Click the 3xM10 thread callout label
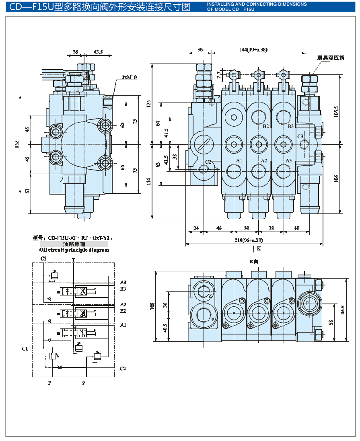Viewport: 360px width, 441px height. coord(129,77)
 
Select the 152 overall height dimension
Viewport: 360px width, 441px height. coord(17,144)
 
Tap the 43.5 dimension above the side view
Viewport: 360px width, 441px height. coord(98,52)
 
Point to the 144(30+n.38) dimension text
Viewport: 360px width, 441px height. coord(253,49)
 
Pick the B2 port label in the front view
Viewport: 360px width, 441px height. coord(265,126)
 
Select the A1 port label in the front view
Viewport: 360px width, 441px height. coord(239,160)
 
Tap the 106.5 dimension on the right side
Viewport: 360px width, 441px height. coord(336,111)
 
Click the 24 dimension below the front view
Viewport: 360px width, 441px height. coord(196,228)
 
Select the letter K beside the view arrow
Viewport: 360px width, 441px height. coord(259,248)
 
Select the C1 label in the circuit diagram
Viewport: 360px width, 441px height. coord(25,349)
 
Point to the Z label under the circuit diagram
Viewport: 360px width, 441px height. coord(84,383)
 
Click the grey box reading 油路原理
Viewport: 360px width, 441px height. coord(74,244)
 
